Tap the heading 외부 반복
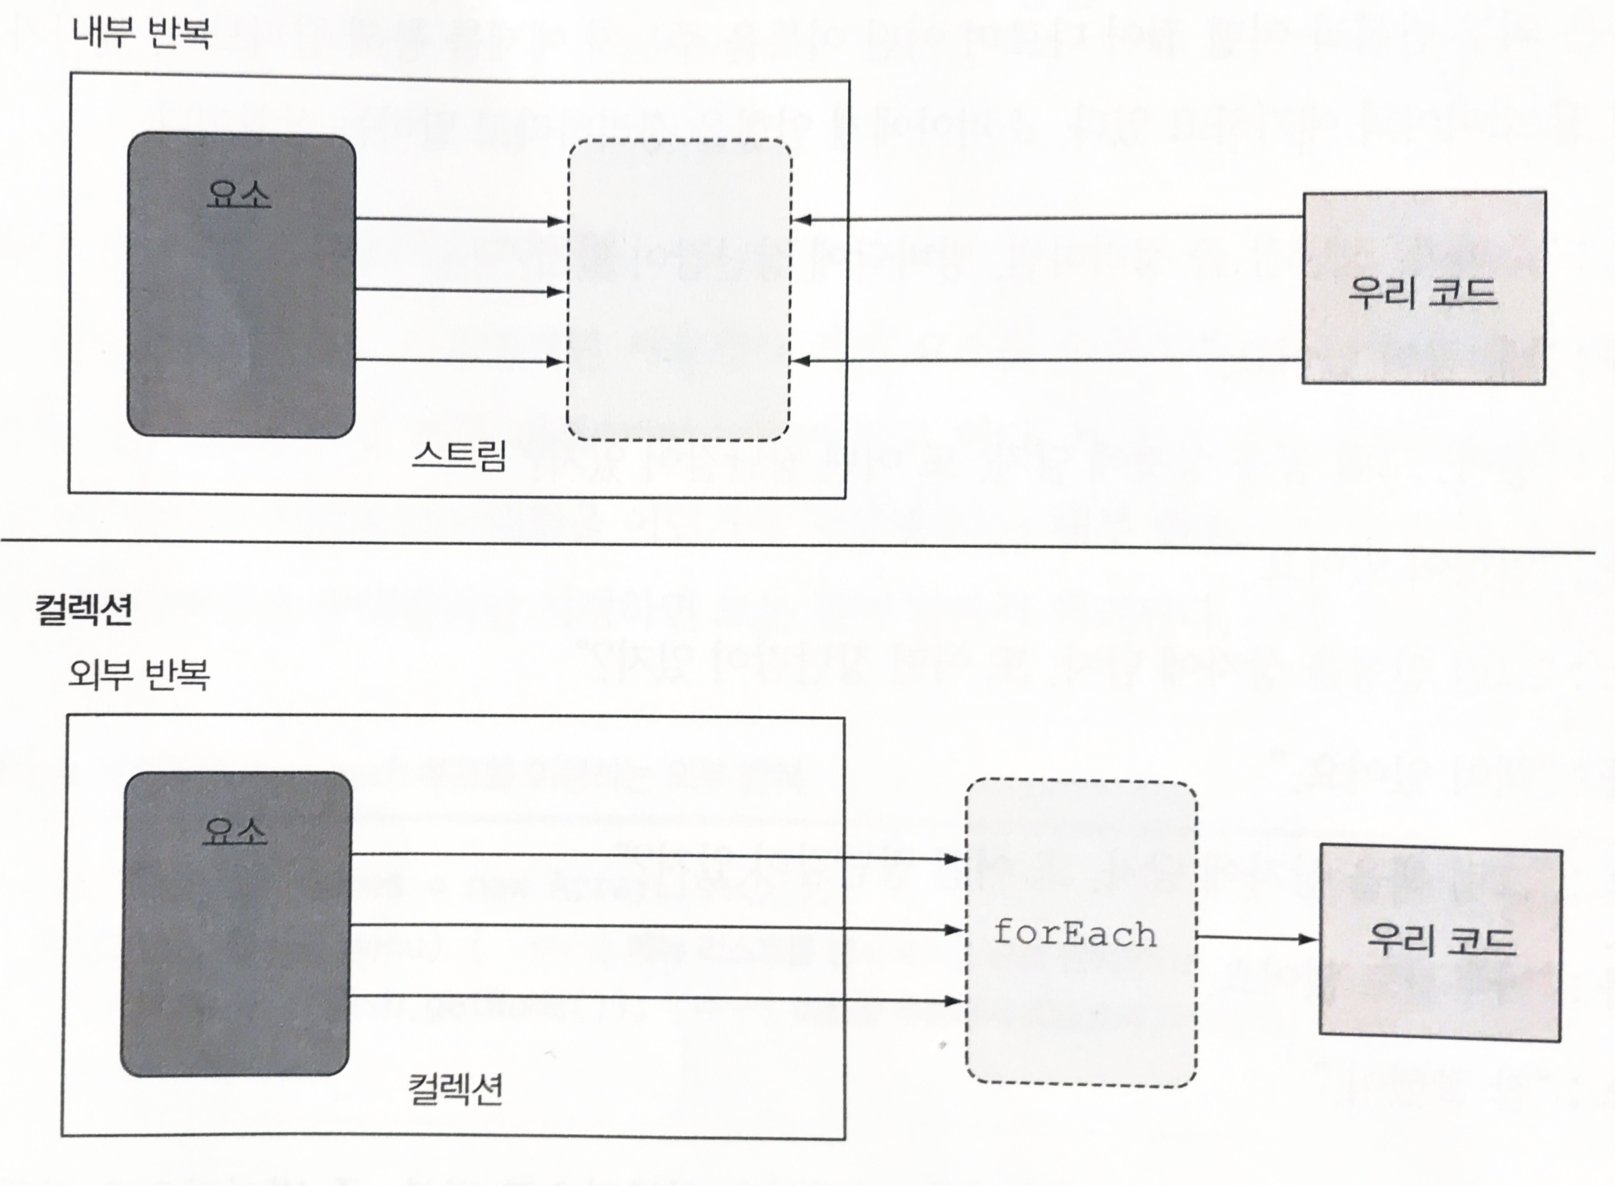pyautogui.click(x=138, y=675)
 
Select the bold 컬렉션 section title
pyautogui.click(x=84, y=610)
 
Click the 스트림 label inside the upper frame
pyautogui.click(x=459, y=455)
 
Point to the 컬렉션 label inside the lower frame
pyautogui.click(x=455, y=1090)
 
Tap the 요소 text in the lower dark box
pyautogui.click(x=235, y=830)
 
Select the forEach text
pyautogui.click(x=1075, y=934)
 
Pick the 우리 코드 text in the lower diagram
pyautogui.click(x=1441, y=940)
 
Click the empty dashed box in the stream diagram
pyautogui.click(x=679, y=290)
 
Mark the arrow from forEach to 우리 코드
pyautogui.click(x=1257, y=937)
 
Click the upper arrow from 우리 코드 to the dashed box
pyautogui.click(x=1048, y=218)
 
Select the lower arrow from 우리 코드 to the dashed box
pyautogui.click(x=1048, y=360)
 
